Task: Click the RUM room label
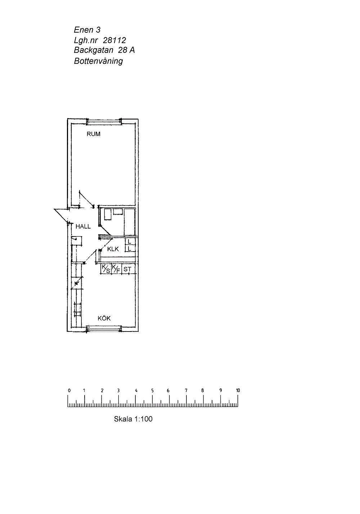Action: (x=93, y=134)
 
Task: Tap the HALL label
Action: (x=83, y=226)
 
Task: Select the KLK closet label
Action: (x=113, y=249)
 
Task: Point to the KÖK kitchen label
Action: (x=104, y=318)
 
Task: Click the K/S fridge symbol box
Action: (x=106, y=269)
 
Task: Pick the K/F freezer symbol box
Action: (x=116, y=269)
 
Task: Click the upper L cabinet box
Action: (x=130, y=242)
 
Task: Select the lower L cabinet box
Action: (x=130, y=248)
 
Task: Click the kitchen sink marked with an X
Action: (x=76, y=284)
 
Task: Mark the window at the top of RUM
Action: (x=104, y=121)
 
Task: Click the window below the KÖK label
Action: (x=104, y=329)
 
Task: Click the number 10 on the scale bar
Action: (x=238, y=390)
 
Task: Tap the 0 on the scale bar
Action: (x=69, y=390)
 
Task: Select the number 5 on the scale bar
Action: (x=152, y=390)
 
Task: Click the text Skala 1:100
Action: (x=133, y=419)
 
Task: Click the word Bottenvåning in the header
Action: (x=98, y=61)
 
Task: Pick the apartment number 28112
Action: (x=114, y=40)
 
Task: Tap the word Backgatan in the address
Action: (x=94, y=50)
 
